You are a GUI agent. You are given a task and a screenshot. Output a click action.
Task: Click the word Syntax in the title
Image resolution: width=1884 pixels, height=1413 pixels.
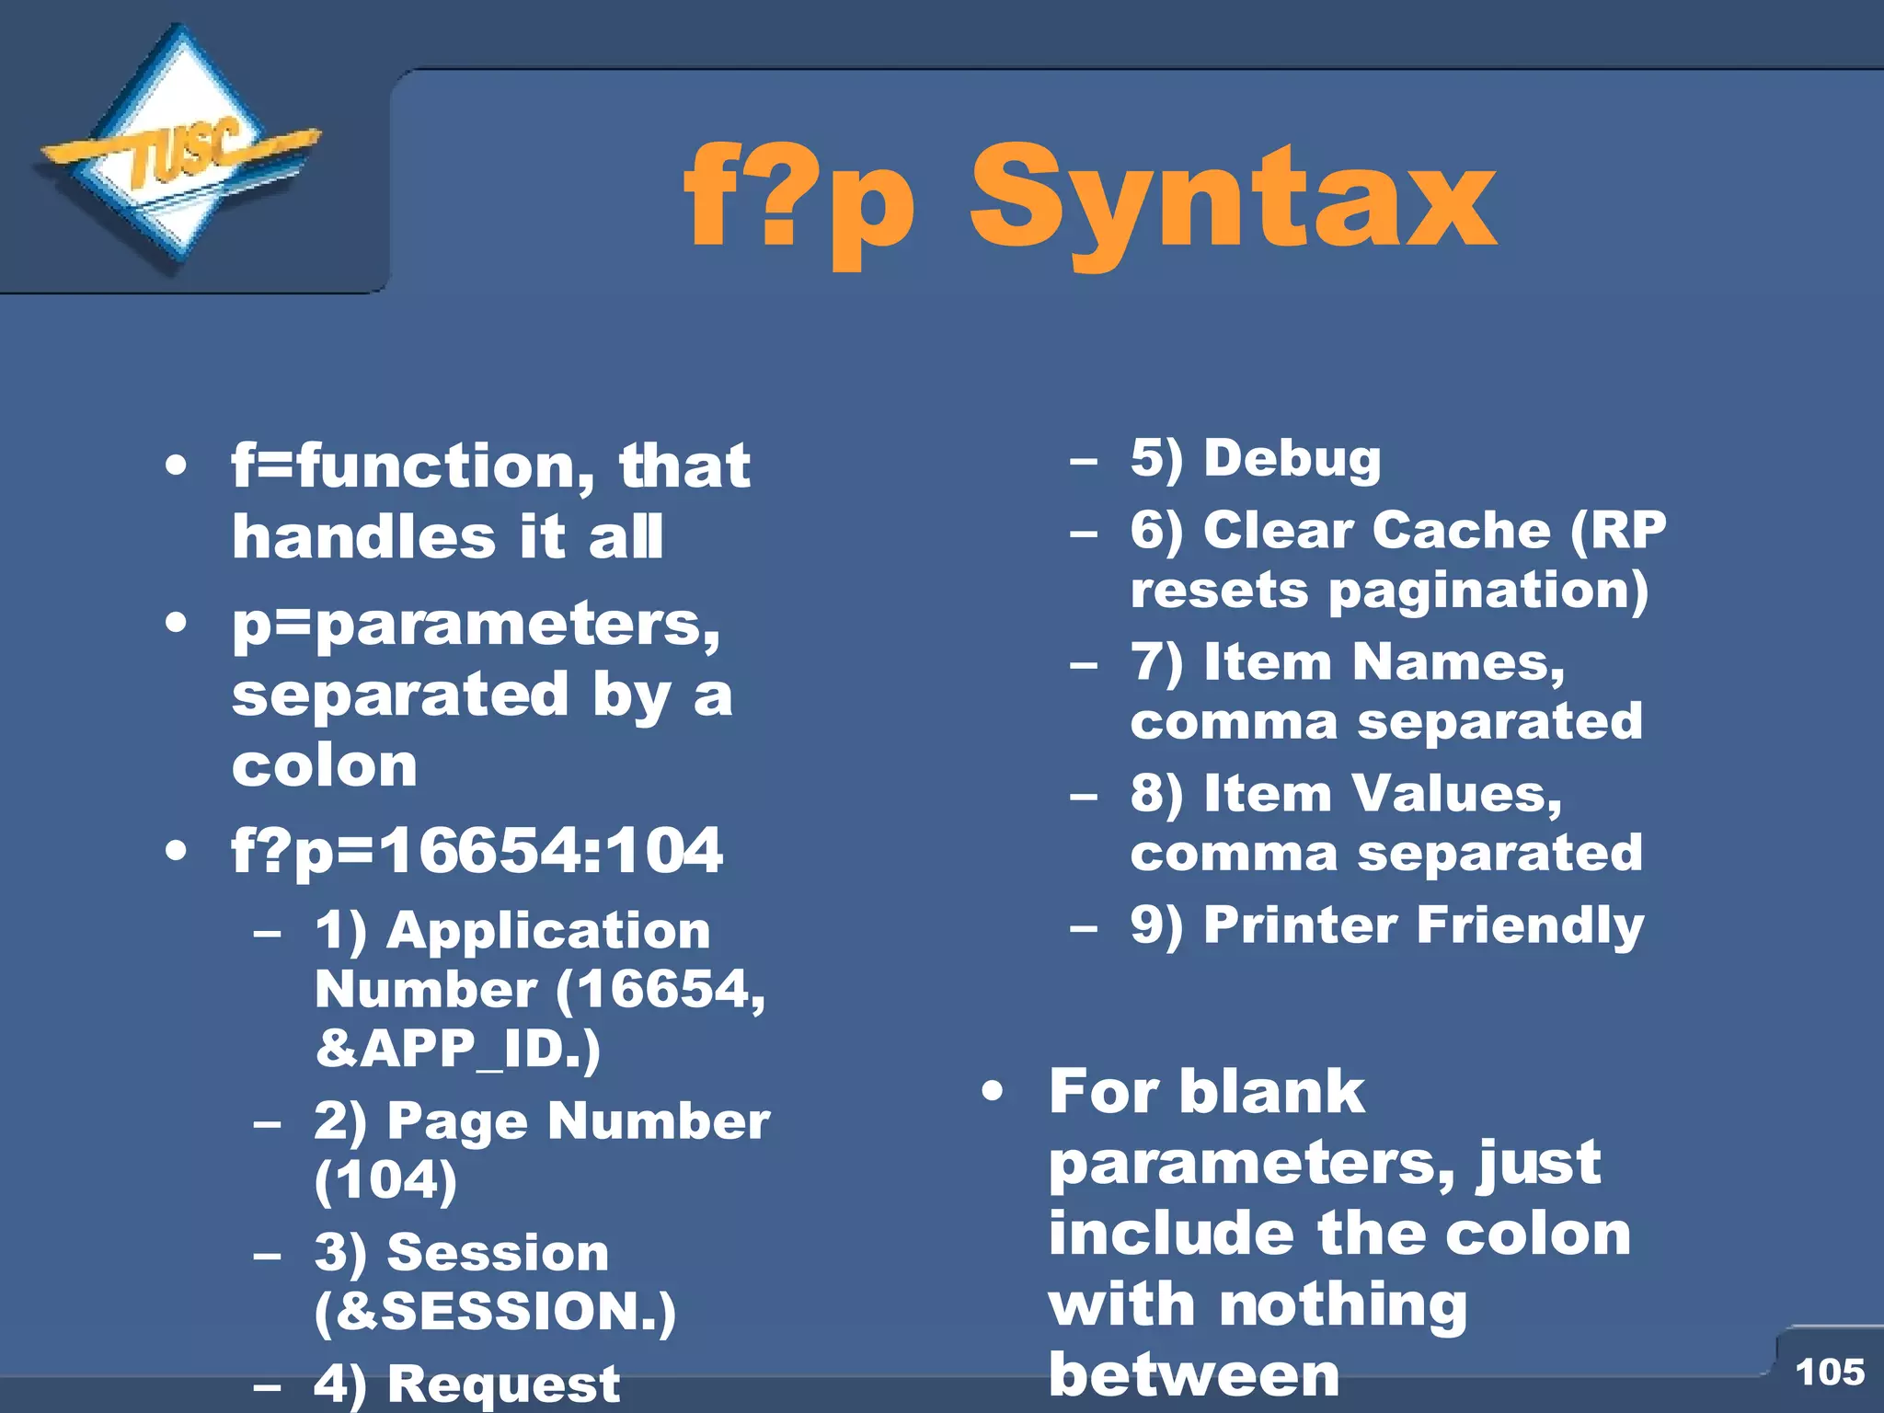coord(1233,201)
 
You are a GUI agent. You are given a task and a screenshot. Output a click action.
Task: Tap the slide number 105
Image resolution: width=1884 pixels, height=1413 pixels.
coord(1830,1372)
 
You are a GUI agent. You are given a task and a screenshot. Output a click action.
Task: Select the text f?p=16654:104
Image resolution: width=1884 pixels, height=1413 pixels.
coord(477,850)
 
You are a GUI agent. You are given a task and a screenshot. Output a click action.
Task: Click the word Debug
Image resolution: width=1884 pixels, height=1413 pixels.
coord(1292,459)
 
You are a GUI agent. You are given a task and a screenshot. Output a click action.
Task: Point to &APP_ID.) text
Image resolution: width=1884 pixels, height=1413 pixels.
coord(457,1049)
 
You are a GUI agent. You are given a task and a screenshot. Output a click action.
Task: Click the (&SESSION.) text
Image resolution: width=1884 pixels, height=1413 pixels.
coord(495,1311)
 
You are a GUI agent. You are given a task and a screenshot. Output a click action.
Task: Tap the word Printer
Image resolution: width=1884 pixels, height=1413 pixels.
coord(1300,925)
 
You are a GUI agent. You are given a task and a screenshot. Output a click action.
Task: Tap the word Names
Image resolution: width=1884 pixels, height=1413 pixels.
coord(1457,662)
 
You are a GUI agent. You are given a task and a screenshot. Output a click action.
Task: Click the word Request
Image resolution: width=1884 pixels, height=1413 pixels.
coord(503,1384)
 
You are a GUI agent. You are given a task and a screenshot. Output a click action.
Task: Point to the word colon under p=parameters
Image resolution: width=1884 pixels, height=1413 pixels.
coord(324,765)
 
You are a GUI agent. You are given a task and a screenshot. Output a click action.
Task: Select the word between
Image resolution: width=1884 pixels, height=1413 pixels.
coord(1193,1375)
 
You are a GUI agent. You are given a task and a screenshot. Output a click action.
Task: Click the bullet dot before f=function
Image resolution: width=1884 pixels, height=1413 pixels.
coord(177,466)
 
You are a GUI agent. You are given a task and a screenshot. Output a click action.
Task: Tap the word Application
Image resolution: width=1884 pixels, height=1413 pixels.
coord(548,931)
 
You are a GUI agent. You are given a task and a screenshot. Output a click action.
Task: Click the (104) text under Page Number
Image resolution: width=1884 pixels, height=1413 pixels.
coord(385,1180)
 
